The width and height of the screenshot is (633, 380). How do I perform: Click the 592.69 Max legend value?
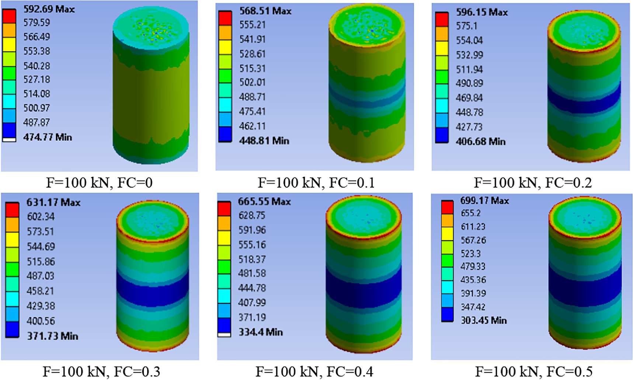pos(49,9)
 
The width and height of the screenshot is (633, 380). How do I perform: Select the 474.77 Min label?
pos(48,137)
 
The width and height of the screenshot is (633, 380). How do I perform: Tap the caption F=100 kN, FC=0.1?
pos(316,182)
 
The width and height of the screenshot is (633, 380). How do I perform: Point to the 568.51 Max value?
pos(265,11)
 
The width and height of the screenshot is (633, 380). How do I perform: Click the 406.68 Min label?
pos(480,142)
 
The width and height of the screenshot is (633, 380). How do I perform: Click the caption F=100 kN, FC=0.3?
pos(101,371)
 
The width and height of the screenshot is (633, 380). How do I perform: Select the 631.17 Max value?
pos(53,202)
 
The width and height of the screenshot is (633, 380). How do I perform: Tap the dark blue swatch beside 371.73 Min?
pos(12,329)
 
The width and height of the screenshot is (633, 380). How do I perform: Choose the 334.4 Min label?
pos(260,332)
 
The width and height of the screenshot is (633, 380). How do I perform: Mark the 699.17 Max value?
pos(484,201)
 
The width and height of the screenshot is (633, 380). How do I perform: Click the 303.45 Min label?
pos(483,320)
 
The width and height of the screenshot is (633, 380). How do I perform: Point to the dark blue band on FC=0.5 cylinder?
pos(585,286)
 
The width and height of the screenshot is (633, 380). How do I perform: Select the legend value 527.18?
pos(36,80)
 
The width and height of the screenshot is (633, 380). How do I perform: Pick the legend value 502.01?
pos(252,82)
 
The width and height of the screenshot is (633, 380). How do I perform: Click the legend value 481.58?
pos(252,273)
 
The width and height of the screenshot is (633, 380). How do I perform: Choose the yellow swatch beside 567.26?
pos(447,234)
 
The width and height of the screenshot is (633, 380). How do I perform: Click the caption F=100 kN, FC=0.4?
pos(314,371)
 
